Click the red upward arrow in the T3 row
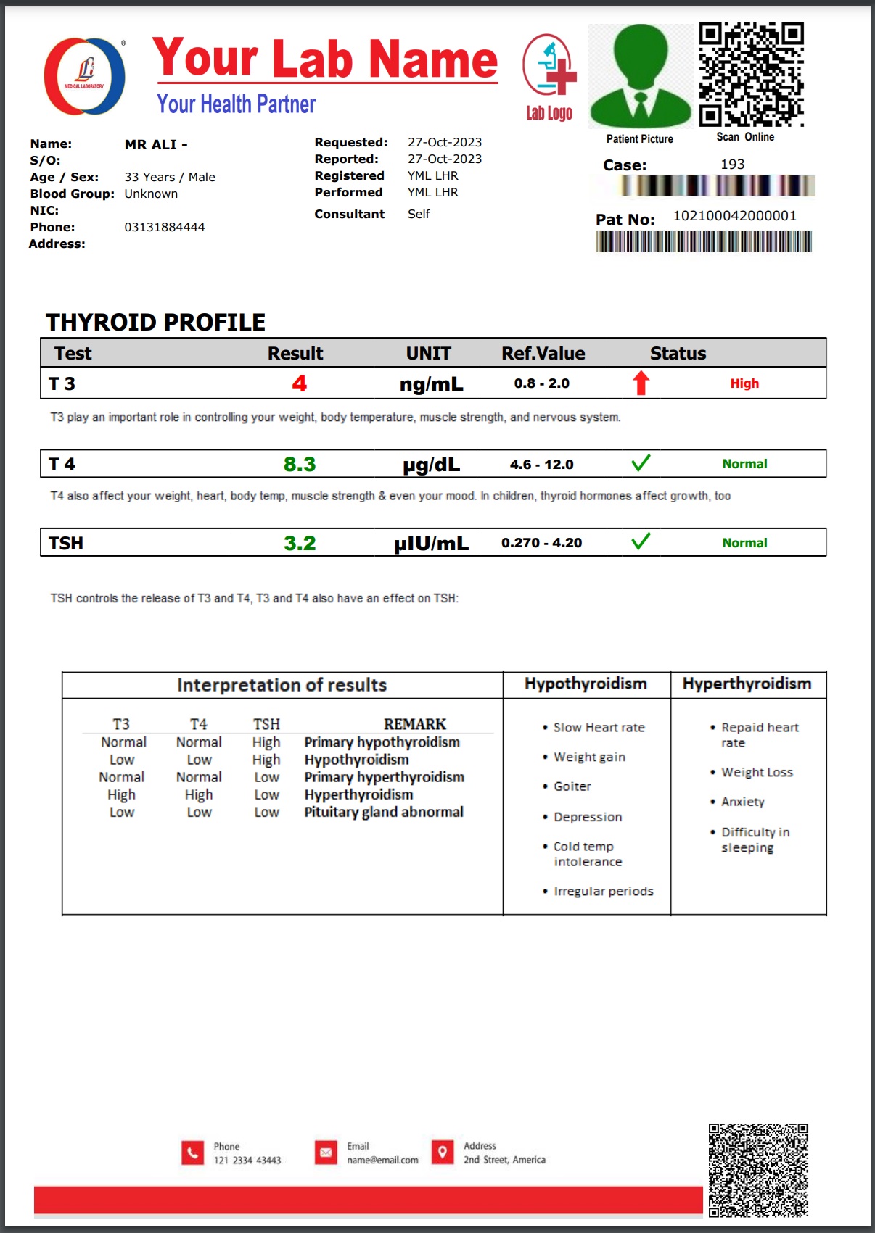[641, 383]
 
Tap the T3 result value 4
[299, 383]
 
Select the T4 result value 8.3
[300, 464]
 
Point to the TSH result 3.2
[300, 543]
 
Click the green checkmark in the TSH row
[641, 541]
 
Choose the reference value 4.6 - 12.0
[541, 464]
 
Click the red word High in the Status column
[744, 383]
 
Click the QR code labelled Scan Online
[751, 75]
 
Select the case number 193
[732, 165]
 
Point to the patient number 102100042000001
[734, 216]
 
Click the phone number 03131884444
[165, 228]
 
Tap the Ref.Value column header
[543, 354]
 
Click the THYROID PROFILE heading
[155, 322]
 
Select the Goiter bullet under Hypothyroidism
[572, 786]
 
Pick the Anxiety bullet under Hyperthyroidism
[742, 802]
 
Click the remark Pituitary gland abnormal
[384, 812]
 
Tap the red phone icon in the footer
[192, 1152]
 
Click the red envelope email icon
[326, 1152]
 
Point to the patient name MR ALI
[155, 145]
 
